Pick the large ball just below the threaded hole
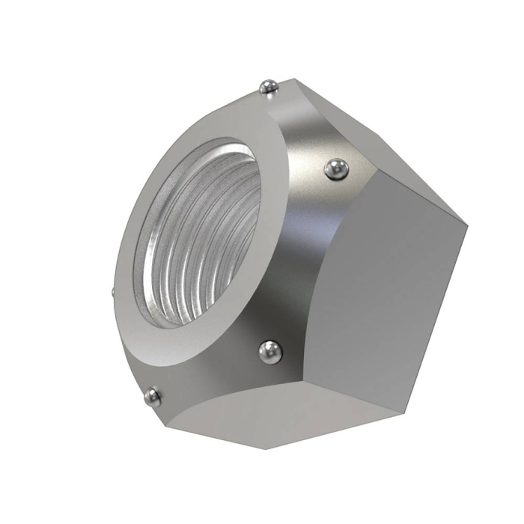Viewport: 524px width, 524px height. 269,351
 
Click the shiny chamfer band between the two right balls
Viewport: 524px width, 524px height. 299,255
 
